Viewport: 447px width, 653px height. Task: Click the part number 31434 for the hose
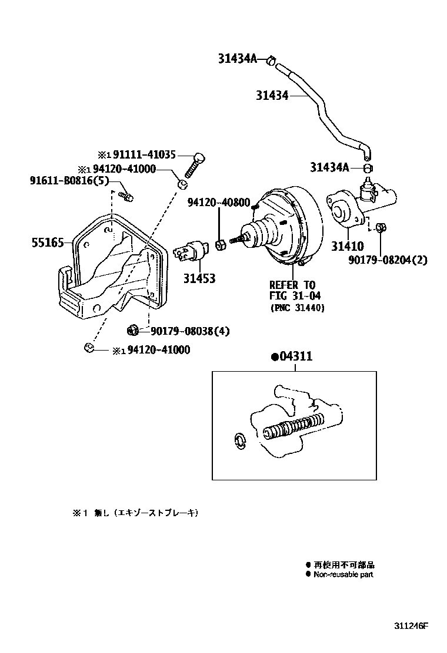[272, 95]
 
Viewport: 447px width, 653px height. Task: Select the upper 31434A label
[238, 58]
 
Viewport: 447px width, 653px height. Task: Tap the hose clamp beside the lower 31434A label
[367, 168]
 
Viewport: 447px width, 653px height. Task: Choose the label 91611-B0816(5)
[69, 180]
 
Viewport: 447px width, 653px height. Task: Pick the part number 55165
[48, 241]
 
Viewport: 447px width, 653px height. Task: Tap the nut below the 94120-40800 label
[222, 244]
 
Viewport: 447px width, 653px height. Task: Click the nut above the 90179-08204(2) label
[380, 227]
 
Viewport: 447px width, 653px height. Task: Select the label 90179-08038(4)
[185, 331]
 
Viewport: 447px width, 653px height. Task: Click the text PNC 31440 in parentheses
[297, 308]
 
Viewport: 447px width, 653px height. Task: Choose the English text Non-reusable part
[343, 574]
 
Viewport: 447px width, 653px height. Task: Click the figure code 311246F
[412, 625]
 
